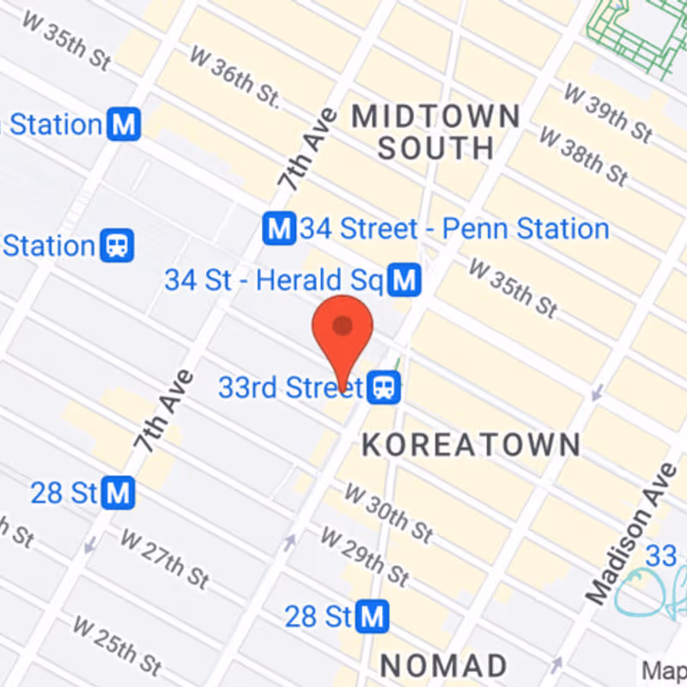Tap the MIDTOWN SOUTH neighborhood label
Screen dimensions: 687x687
436,131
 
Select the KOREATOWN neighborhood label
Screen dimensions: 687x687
471,445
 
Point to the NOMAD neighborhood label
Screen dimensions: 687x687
443,666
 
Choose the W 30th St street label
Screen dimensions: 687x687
388,513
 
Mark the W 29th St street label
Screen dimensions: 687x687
364,555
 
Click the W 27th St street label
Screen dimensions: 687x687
163,560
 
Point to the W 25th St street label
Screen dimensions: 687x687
117,645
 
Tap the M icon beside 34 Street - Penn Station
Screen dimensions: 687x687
279,229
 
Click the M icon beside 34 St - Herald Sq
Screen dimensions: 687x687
403,280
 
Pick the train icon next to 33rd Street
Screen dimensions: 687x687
383,387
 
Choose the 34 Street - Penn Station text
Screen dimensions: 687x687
454,229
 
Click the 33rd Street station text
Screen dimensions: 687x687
290,387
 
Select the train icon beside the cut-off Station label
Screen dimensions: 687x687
117,246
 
